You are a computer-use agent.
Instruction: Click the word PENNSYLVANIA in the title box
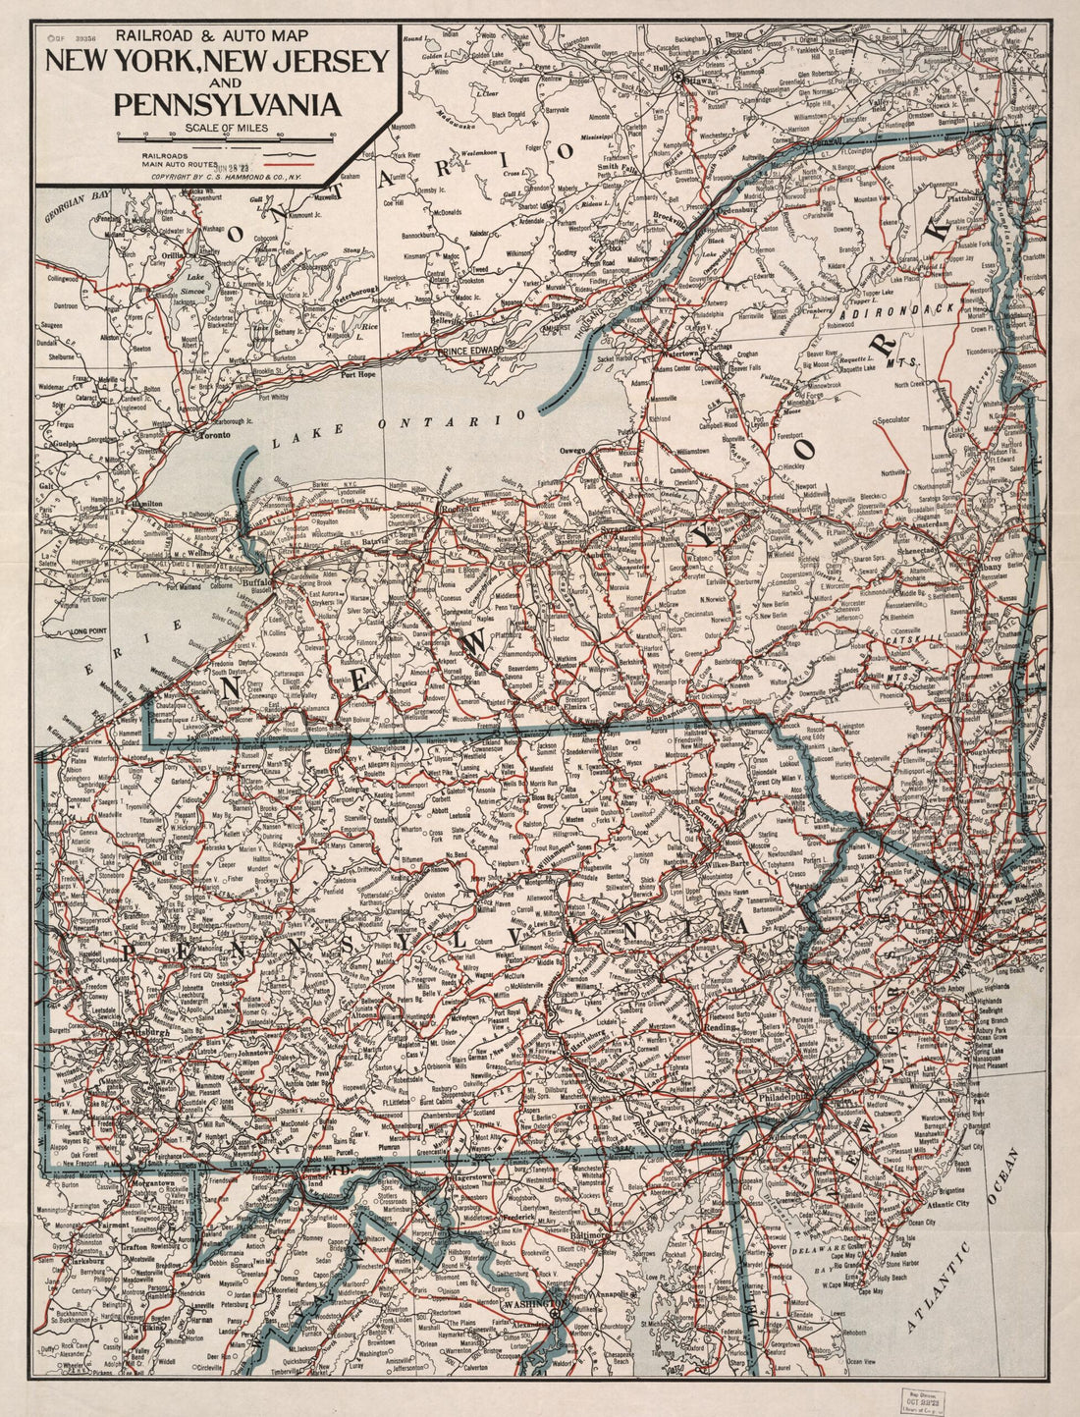(x=227, y=104)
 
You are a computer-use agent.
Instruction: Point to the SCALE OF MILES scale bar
(x=225, y=136)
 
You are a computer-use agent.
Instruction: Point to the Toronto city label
(x=215, y=434)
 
